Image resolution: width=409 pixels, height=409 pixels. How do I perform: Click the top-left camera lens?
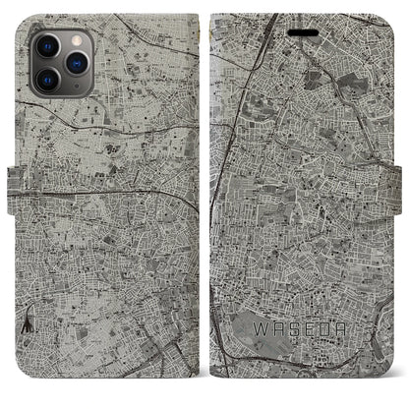pos(45,45)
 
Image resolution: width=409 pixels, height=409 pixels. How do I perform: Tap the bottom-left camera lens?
pos(45,78)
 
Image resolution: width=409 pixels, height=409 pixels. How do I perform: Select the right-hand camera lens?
pos(73,61)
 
